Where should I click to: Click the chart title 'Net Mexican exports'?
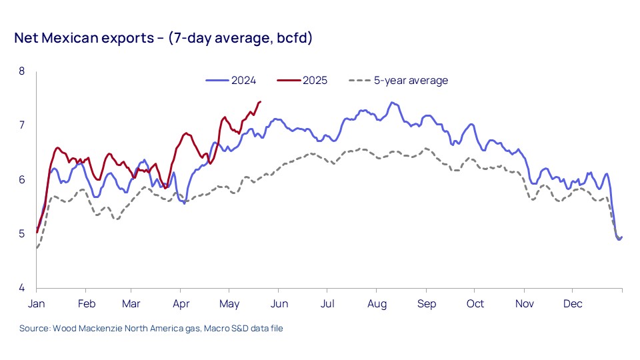[85, 38]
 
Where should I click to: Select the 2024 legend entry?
[243, 81]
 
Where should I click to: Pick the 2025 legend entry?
[315, 81]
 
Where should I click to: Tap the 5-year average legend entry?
[410, 81]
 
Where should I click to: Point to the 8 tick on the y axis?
[21, 71]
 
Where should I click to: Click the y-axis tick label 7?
[21, 125]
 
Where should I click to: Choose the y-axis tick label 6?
[21, 180]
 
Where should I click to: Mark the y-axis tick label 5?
[21, 234]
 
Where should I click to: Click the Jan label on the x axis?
[36, 304]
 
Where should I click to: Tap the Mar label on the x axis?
[131, 304]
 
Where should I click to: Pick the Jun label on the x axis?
[279, 304]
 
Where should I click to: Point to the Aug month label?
[377, 304]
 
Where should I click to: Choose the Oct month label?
[475, 304]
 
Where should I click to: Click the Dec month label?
[573, 304]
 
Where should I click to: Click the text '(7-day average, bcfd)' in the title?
[240, 38]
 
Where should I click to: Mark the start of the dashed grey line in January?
[37, 248]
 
